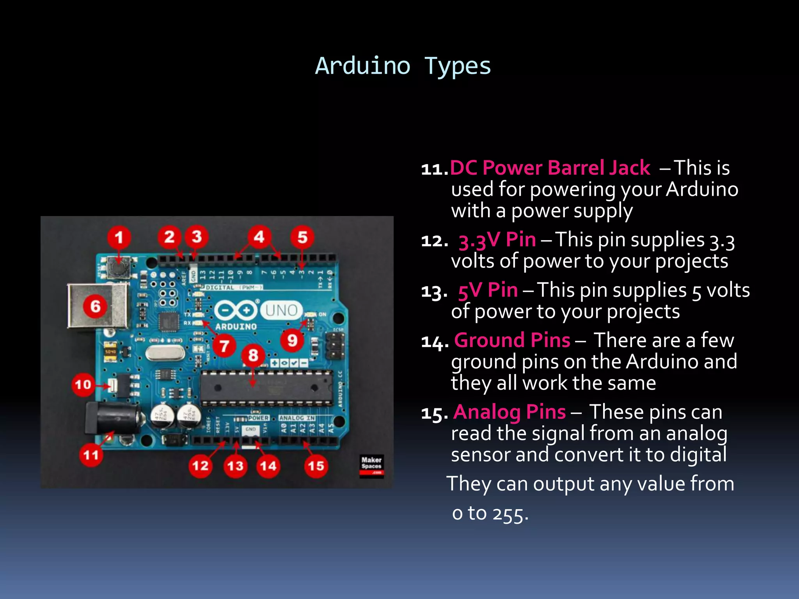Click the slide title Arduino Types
(x=403, y=66)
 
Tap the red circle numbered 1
(x=119, y=237)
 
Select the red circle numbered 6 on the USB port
(x=95, y=306)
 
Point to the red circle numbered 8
(x=253, y=355)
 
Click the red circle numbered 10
(x=83, y=385)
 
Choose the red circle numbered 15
(x=316, y=466)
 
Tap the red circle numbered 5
(x=302, y=237)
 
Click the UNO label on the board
(x=281, y=310)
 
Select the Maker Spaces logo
(x=371, y=465)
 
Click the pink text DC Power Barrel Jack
(x=550, y=168)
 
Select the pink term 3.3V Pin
(x=497, y=240)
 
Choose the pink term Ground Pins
(x=512, y=340)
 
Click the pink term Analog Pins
(x=510, y=412)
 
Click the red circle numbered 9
(x=292, y=340)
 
